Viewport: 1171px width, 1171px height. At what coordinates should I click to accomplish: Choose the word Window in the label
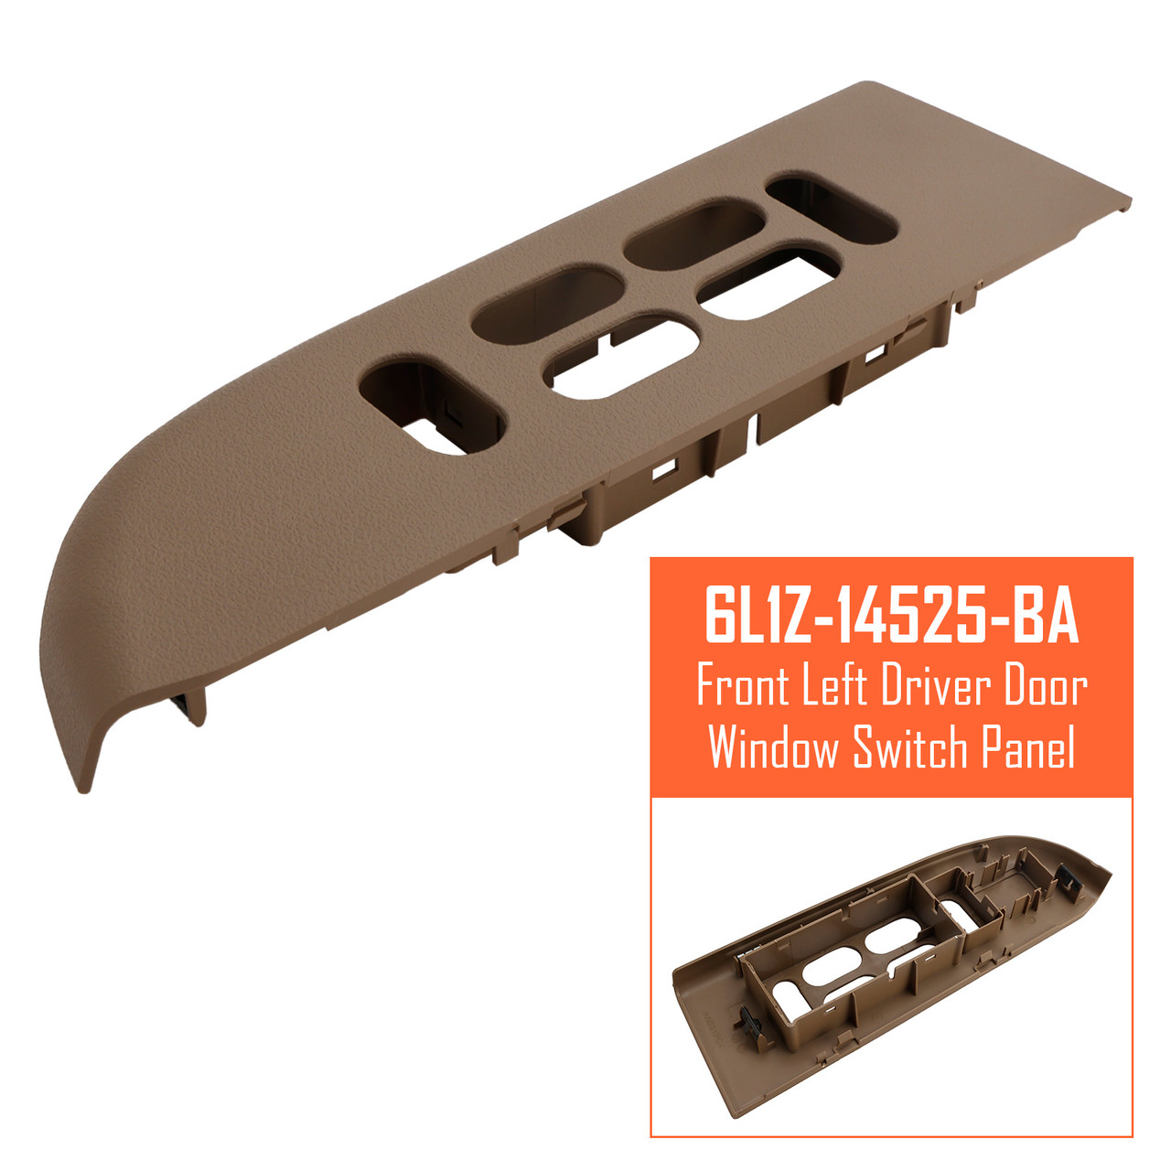point(774,748)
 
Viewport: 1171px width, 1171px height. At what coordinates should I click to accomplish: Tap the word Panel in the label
point(1028,748)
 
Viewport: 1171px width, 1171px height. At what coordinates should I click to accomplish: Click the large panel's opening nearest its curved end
point(430,408)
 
